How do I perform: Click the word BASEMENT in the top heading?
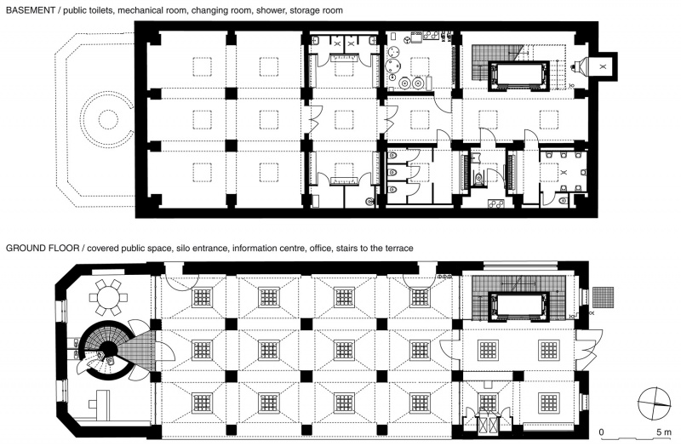click(x=31, y=10)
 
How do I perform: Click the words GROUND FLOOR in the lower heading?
click(x=43, y=249)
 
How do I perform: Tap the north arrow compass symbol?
click(x=654, y=403)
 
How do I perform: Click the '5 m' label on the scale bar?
click(x=664, y=432)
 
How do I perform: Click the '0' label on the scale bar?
click(x=602, y=432)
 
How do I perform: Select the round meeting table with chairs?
click(x=109, y=298)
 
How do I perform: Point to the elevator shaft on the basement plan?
click(x=518, y=76)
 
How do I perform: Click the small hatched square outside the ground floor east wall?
click(x=603, y=298)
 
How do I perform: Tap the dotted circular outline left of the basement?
click(x=109, y=118)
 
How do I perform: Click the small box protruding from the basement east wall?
click(x=603, y=67)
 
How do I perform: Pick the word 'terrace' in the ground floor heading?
click(x=398, y=249)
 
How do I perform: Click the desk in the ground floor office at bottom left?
click(x=100, y=404)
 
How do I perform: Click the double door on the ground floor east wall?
click(x=590, y=346)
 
